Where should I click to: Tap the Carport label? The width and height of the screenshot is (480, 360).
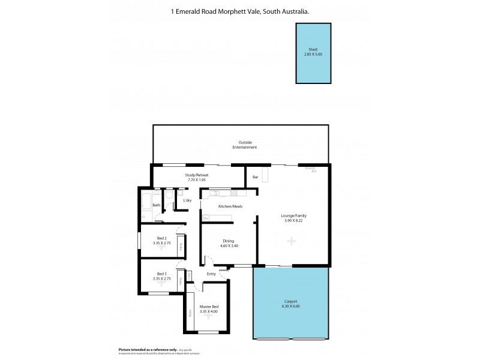click(290, 302)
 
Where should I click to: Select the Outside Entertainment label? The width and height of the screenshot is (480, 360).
click(245, 145)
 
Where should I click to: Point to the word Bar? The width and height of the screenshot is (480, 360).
click(255, 178)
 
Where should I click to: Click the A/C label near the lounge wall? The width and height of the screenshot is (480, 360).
click(313, 172)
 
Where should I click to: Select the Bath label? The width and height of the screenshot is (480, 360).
click(156, 205)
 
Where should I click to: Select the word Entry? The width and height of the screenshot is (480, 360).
click(211, 274)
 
